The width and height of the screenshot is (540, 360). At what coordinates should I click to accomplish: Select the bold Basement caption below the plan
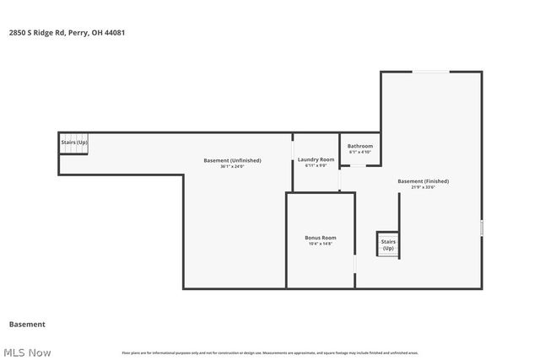27,324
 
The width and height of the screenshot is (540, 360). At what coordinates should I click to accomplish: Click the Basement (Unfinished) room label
232,160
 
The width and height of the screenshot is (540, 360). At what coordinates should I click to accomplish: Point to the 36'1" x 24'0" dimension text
232,166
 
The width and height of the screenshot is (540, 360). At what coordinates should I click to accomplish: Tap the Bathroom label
360,146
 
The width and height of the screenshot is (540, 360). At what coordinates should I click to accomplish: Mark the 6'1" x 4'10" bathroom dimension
360,152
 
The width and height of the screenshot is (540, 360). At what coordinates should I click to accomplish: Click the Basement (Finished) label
424,181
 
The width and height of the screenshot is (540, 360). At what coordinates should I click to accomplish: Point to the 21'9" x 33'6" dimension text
424,187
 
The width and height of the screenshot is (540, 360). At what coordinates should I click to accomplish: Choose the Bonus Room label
321,238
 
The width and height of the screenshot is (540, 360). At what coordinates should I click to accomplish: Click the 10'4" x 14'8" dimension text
321,244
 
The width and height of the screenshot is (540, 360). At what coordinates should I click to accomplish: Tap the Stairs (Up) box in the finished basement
388,244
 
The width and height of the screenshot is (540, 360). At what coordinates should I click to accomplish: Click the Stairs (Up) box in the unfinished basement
73,142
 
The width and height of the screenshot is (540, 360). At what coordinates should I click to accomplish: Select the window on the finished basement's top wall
429,72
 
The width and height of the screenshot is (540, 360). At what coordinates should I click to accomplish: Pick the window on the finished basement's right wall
483,228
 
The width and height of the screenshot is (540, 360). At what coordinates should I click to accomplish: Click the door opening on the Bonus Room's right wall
354,265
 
